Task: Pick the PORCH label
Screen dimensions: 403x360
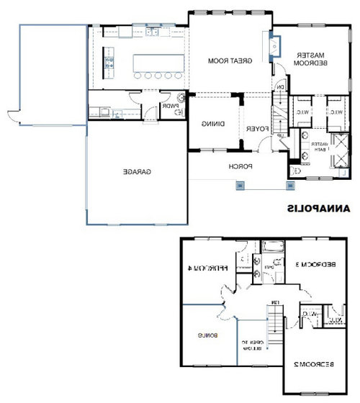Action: point(240,166)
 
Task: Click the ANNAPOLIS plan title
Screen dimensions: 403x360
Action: point(318,209)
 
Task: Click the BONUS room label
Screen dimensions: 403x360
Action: point(207,335)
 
